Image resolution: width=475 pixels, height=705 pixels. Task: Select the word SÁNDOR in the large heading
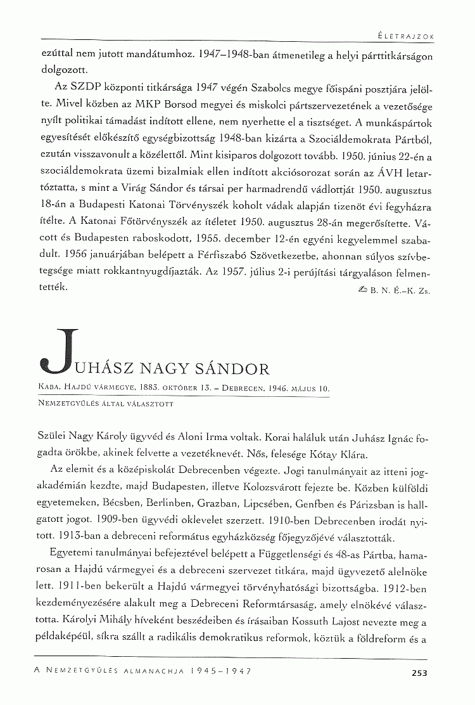pos(235,368)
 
